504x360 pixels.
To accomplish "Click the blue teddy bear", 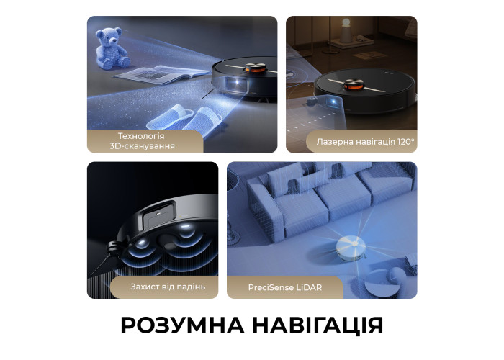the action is tap(112, 48).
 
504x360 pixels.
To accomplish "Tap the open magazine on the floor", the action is tap(162, 74).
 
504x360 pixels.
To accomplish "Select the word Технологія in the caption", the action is tap(141, 136).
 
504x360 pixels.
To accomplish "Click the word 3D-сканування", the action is tap(142, 146).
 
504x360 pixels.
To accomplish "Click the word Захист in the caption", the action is tap(144, 287).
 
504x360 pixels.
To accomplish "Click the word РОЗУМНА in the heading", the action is tap(182, 325).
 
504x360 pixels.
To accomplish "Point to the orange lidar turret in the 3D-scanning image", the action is tap(256, 67).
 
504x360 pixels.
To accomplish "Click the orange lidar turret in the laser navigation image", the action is tap(354, 84).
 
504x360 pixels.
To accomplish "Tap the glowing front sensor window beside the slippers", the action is tap(237, 84).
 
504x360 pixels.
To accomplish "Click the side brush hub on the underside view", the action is tap(113, 247).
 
